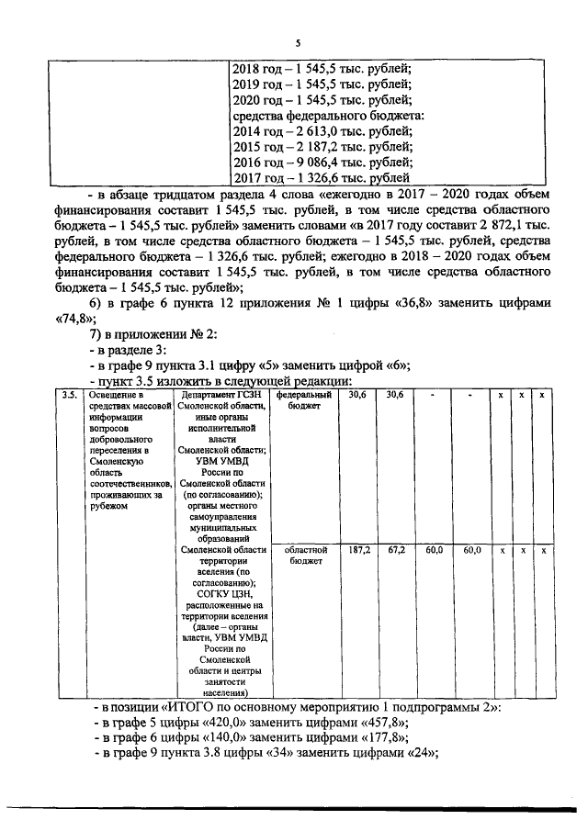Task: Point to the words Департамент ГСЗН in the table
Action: coord(222,396)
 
